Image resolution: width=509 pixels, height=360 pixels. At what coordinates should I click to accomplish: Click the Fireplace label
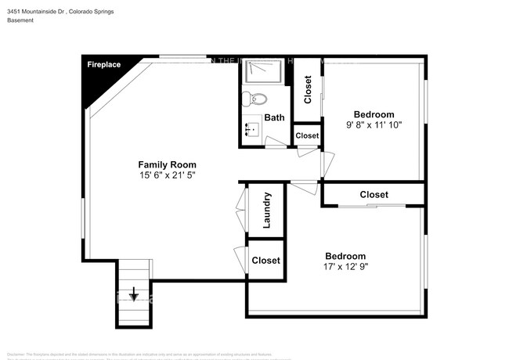pyautogui.click(x=103, y=64)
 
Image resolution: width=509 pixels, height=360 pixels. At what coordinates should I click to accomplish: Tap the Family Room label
pyautogui.click(x=167, y=164)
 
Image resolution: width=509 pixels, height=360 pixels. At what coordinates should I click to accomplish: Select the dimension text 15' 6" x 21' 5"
pyautogui.click(x=167, y=175)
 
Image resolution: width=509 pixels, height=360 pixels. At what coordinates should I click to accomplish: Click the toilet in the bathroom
pyautogui.click(x=254, y=99)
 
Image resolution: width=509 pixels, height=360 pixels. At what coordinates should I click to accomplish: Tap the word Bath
pyautogui.click(x=274, y=117)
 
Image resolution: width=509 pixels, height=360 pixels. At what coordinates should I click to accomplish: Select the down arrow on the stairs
pyautogui.click(x=134, y=294)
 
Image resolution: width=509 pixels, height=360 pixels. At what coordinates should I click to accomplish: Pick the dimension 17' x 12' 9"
pyautogui.click(x=345, y=267)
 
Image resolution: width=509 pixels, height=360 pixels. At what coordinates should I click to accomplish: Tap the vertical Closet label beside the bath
pyautogui.click(x=308, y=89)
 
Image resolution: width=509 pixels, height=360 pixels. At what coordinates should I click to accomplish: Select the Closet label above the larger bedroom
pyautogui.click(x=374, y=194)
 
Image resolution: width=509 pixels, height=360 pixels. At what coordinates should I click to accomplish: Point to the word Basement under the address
pyautogui.click(x=21, y=20)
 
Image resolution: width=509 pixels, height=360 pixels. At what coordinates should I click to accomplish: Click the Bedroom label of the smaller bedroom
pyautogui.click(x=374, y=113)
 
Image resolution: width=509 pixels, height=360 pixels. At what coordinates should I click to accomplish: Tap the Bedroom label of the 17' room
pyautogui.click(x=345, y=256)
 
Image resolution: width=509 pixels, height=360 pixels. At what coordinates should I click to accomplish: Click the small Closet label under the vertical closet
pyautogui.click(x=307, y=135)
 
